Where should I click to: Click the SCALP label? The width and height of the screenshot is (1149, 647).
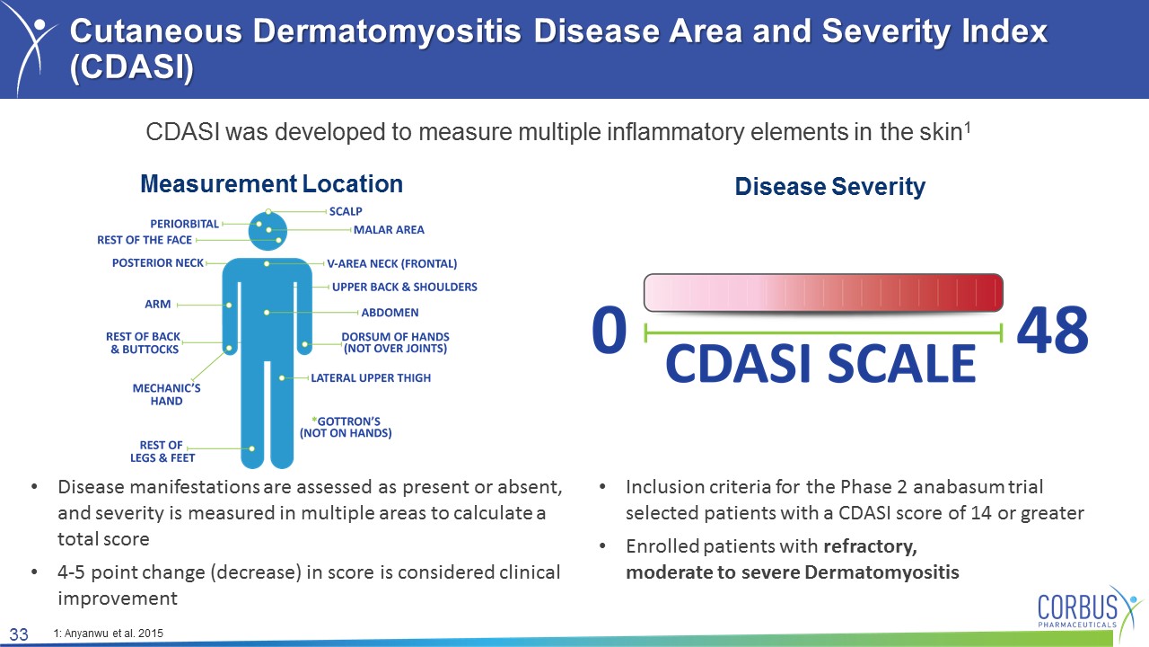click(x=346, y=211)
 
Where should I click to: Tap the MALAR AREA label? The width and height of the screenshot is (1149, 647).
click(x=389, y=230)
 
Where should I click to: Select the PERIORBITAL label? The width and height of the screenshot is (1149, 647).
click(x=185, y=224)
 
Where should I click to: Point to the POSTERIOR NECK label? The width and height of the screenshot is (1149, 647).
click(x=158, y=263)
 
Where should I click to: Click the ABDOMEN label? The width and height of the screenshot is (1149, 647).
click(x=390, y=313)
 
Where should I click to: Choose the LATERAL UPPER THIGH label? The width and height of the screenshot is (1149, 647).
click(x=371, y=378)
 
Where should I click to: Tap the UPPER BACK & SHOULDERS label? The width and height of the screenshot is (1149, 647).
click(x=405, y=287)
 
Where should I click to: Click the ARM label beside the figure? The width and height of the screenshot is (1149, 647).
click(x=157, y=305)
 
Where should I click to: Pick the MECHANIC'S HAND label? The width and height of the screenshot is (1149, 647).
click(x=166, y=394)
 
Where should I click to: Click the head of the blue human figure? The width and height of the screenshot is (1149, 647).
click(x=268, y=231)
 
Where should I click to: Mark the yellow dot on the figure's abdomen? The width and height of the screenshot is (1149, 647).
click(x=267, y=313)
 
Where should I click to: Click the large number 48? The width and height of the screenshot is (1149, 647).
click(x=1053, y=330)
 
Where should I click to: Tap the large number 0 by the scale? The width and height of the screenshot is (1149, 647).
click(x=610, y=330)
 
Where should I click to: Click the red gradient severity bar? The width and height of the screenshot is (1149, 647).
click(x=823, y=293)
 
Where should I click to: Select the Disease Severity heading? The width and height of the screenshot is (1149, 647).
click(x=830, y=186)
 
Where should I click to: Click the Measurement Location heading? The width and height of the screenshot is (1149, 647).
click(x=271, y=184)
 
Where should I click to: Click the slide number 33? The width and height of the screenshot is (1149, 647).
click(x=19, y=634)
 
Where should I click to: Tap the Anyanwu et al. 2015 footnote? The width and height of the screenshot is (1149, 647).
click(x=109, y=634)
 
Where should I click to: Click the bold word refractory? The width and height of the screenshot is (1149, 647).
click(x=871, y=546)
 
